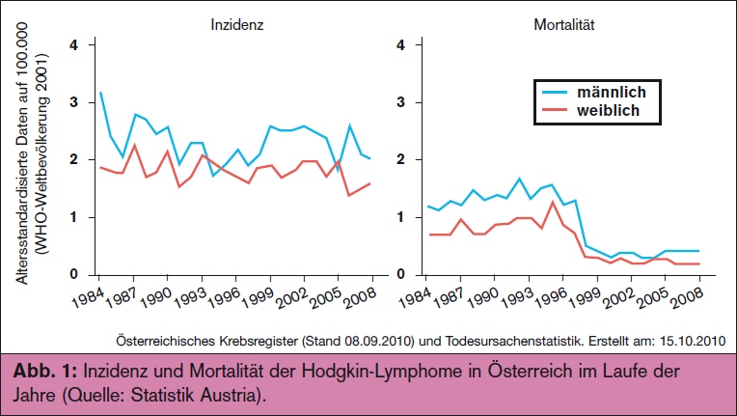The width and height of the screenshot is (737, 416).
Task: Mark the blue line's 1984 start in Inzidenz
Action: (99, 93)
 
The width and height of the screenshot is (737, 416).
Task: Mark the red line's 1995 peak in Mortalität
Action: (552, 203)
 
